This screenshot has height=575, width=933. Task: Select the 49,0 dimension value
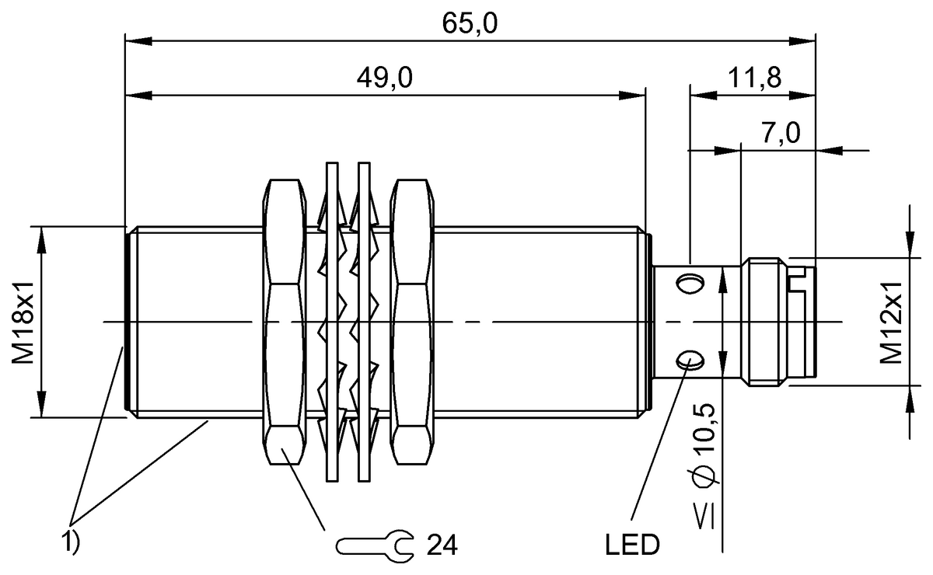click(385, 78)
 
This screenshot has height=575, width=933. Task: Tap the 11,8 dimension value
click(753, 78)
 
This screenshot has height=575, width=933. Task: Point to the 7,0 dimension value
click(781, 133)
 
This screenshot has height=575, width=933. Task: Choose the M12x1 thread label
click(892, 321)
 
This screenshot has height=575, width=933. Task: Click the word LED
click(632, 545)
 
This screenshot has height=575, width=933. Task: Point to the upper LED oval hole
click(688, 284)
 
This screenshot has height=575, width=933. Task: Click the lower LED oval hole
click(688, 359)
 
